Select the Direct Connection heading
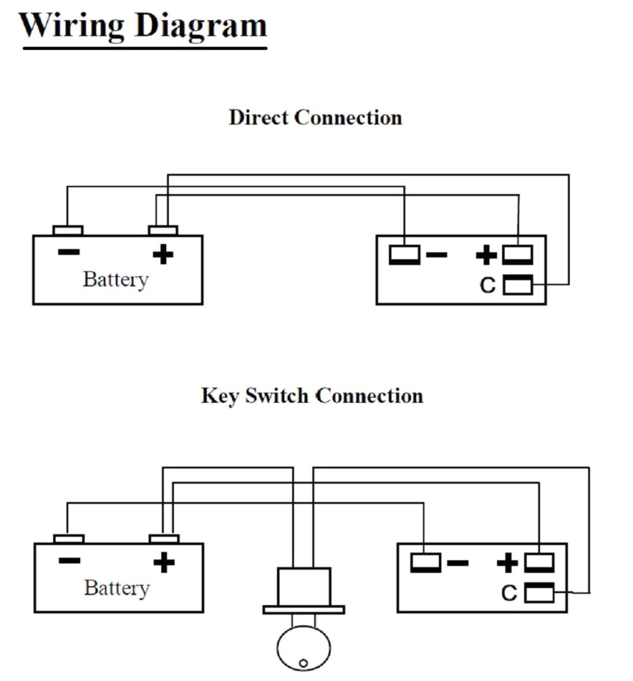point(315,118)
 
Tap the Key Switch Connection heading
point(312,396)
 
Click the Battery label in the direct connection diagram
point(115,279)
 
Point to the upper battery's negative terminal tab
point(67,230)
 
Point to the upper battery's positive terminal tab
point(163,230)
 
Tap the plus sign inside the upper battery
point(163,254)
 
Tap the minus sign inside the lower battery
point(69,561)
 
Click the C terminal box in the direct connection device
point(517,285)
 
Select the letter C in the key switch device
point(509,594)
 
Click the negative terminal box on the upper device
point(404,255)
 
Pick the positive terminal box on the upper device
point(517,255)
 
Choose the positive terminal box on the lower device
point(539,562)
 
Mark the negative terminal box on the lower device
point(426,562)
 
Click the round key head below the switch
point(304,649)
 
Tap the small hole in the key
point(304,663)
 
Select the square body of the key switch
point(304,586)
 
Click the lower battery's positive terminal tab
point(164,539)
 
